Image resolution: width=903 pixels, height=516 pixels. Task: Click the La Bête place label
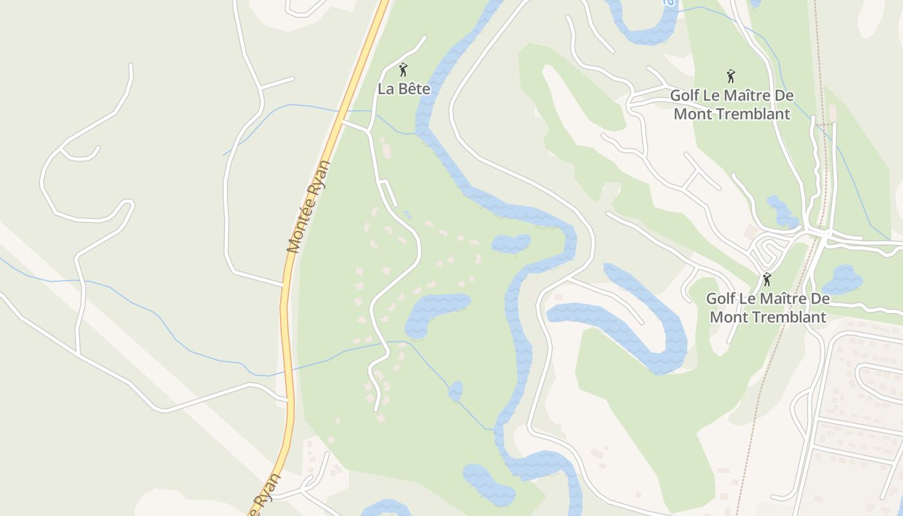point(404,89)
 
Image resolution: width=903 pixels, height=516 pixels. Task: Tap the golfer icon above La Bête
point(404,70)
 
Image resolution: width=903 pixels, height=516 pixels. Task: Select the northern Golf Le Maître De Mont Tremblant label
point(731,104)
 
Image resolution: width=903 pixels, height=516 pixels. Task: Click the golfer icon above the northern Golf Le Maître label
point(731,76)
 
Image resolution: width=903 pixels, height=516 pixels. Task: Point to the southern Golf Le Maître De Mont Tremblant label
point(768,308)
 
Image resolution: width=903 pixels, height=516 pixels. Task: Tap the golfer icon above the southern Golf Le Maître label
point(767,279)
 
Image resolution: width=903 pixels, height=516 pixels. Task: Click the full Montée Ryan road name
point(309,206)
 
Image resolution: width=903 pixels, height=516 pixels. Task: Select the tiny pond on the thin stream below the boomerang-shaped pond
point(456,390)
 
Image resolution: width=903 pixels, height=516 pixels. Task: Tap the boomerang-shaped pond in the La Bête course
point(435,311)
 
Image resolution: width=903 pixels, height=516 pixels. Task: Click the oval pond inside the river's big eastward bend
point(511,243)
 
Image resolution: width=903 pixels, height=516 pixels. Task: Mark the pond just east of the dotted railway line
point(842,280)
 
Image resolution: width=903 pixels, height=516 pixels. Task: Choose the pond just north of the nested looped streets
point(781,211)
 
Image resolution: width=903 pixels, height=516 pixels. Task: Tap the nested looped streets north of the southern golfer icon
point(768,248)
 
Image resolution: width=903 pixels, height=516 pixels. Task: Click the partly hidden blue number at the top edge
point(669,3)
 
